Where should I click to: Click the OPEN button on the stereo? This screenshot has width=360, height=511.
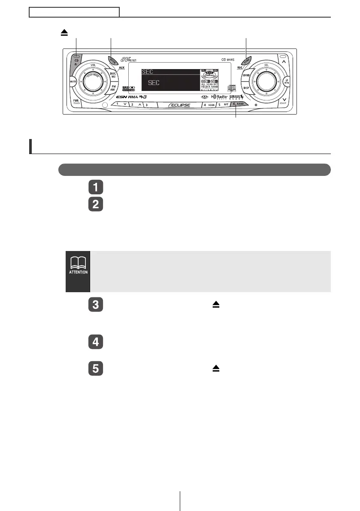pyautogui.click(x=112, y=60)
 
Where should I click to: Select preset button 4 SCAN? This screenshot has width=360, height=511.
pyautogui.click(x=209, y=104)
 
